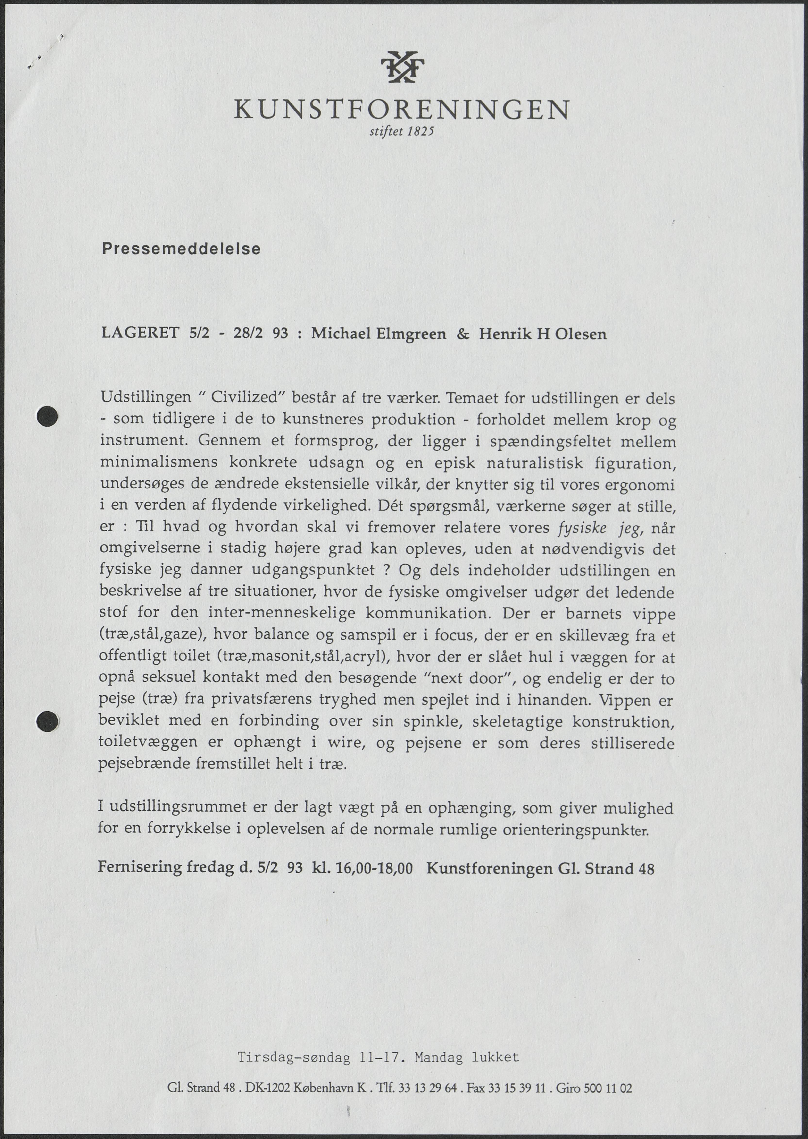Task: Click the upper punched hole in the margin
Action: tap(48, 416)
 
